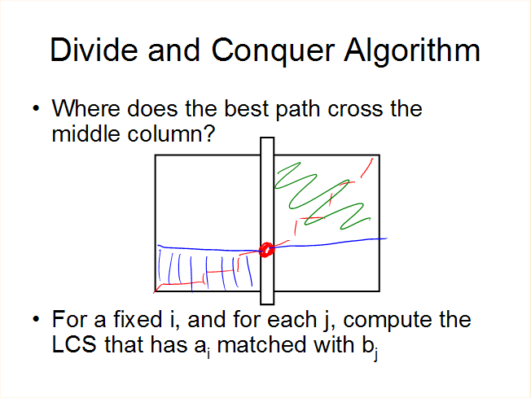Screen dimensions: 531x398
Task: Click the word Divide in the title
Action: click(x=94, y=50)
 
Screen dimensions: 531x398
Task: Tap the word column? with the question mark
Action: click(x=171, y=133)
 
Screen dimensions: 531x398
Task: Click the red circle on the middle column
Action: click(x=266, y=250)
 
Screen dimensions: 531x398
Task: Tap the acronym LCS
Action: click(x=74, y=344)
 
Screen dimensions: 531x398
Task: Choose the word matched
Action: click(x=261, y=344)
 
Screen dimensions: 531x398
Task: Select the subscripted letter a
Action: click(x=202, y=348)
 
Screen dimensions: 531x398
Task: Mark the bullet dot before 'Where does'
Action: click(x=36, y=108)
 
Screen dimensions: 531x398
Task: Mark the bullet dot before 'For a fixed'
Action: click(x=36, y=319)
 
